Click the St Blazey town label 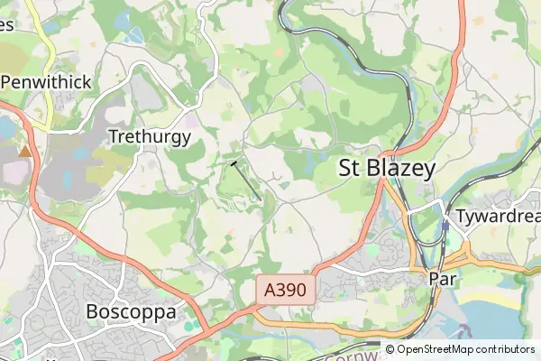(387, 168)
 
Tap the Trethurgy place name (149, 137)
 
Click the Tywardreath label (497, 218)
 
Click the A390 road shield (287, 291)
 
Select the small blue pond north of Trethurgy (134, 36)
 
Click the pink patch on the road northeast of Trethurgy (192, 119)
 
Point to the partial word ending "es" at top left (5, 24)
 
